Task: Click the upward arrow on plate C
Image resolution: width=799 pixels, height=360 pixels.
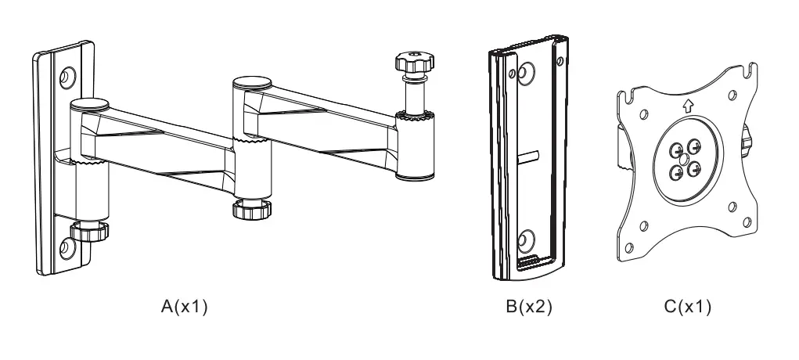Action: point(686,108)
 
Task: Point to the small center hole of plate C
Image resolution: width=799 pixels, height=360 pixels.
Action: point(685,159)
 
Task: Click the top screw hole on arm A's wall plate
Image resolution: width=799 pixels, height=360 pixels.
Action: point(67,77)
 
